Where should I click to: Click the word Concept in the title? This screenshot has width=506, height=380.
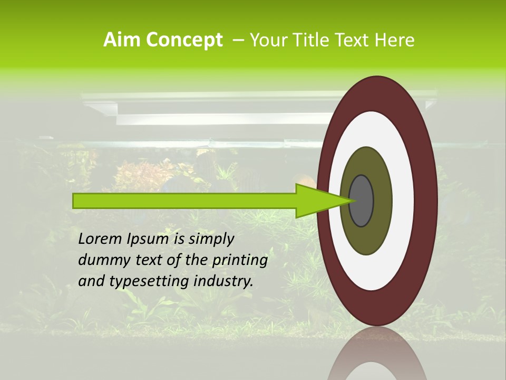coord(184,41)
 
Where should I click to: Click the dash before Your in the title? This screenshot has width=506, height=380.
coord(238,40)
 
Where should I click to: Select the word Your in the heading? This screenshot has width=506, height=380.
coord(266,40)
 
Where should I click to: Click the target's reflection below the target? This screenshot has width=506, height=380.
coord(377,359)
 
